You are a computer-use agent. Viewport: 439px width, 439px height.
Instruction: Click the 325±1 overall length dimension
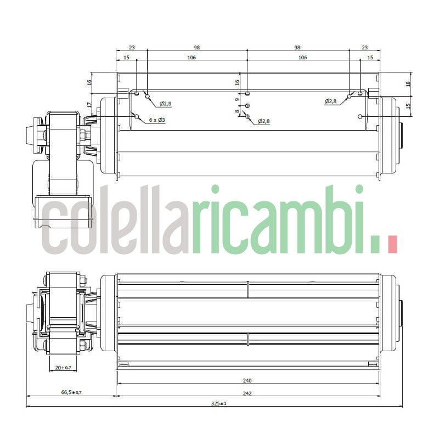click(x=219, y=403)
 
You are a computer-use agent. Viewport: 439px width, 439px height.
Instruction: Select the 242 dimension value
click(x=247, y=392)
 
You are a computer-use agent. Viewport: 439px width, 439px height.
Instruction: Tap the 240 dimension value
click(x=247, y=380)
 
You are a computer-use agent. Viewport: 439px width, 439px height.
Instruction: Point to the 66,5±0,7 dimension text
click(x=71, y=392)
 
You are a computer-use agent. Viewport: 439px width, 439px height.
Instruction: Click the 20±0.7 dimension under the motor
click(x=63, y=368)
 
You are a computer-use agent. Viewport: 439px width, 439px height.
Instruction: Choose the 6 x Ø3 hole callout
click(x=157, y=120)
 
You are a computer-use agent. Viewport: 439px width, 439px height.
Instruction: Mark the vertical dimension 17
click(x=89, y=105)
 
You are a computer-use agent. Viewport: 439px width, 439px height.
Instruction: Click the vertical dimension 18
click(x=408, y=84)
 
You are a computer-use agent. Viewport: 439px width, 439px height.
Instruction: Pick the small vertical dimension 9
click(x=237, y=100)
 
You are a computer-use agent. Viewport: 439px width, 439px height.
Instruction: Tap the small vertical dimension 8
click(x=237, y=111)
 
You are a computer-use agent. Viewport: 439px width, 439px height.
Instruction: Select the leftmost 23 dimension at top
click(x=132, y=48)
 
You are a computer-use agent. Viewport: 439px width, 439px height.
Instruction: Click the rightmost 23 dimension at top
click(x=365, y=48)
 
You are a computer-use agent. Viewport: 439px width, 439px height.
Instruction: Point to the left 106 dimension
click(x=191, y=57)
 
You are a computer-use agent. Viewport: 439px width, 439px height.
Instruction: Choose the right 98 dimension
click(x=298, y=48)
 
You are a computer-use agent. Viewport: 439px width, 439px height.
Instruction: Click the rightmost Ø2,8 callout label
click(x=331, y=102)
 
